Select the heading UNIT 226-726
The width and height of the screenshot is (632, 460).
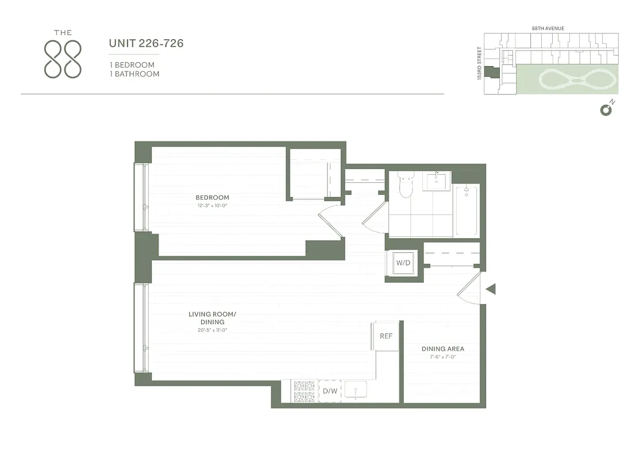pyautogui.click(x=146, y=43)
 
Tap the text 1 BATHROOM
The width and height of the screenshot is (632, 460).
pyautogui.click(x=134, y=74)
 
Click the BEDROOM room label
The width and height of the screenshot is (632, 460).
pyautogui.click(x=212, y=198)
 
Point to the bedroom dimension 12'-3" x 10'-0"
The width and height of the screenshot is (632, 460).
pyautogui.click(x=212, y=205)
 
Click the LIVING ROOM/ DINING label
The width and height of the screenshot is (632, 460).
pyautogui.click(x=212, y=318)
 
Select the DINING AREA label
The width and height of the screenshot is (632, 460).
pyautogui.click(x=442, y=349)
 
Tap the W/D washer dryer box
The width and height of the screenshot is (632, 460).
pyautogui.click(x=402, y=263)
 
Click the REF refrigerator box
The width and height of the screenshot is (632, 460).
pyautogui.click(x=386, y=336)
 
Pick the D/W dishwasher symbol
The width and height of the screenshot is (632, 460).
pyautogui.click(x=330, y=391)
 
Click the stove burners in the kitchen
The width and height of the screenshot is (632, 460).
pyautogui.click(x=304, y=391)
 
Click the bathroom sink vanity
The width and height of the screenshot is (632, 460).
pyautogui.click(x=437, y=181)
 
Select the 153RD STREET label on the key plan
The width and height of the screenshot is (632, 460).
pyautogui.click(x=479, y=64)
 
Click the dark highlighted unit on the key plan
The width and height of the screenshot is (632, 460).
pyautogui.click(x=491, y=72)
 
